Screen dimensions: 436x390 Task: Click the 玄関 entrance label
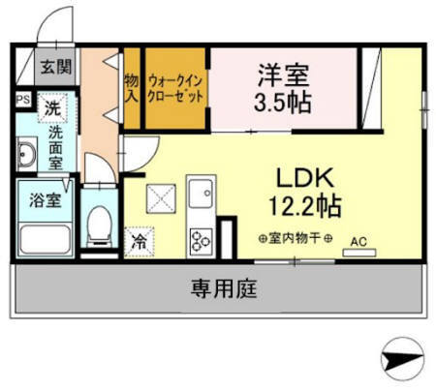(56, 67)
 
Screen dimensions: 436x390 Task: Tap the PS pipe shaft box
(23, 100)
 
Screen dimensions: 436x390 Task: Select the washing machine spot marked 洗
(52, 107)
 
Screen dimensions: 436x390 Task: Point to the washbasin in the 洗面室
(26, 154)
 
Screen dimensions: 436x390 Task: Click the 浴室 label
(46, 199)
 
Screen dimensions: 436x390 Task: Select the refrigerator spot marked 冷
(140, 242)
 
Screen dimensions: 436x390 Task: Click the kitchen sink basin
(201, 194)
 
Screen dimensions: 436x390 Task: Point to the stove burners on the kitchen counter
(201, 241)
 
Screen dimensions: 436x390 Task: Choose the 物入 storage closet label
(132, 88)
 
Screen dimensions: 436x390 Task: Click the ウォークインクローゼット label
(175, 89)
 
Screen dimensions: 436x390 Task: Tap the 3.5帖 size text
(283, 103)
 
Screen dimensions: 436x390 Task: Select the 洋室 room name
(283, 75)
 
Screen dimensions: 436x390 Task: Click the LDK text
(305, 178)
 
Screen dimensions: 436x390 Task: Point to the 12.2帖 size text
(305, 206)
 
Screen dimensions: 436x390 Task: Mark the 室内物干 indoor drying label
(296, 239)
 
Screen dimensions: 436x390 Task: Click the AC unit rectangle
(359, 253)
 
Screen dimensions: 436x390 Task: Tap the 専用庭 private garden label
(224, 288)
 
